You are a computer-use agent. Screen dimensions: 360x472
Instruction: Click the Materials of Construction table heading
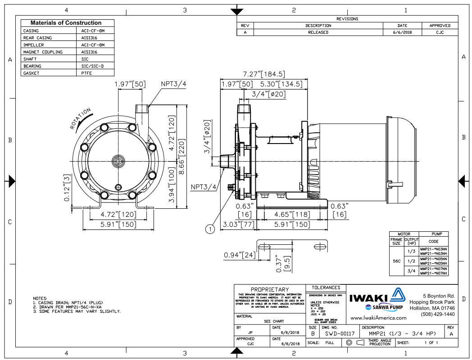66,23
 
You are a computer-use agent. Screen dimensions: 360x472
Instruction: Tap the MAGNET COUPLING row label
43,52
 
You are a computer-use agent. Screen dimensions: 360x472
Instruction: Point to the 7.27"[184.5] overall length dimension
263,74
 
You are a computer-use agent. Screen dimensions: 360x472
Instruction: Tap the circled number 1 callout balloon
210,229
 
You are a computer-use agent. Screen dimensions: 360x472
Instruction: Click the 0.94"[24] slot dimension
239,256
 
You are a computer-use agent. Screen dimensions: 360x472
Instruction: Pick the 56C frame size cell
396,261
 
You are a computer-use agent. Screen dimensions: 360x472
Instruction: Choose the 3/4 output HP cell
411,270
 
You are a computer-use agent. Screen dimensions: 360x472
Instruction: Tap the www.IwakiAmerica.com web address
378,318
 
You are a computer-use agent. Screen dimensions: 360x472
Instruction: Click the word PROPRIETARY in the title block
270,289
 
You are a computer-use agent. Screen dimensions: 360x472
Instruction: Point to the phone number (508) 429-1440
438,314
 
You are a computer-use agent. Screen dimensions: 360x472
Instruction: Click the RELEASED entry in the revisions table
318,32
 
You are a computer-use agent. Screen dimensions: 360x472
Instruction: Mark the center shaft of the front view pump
118,161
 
